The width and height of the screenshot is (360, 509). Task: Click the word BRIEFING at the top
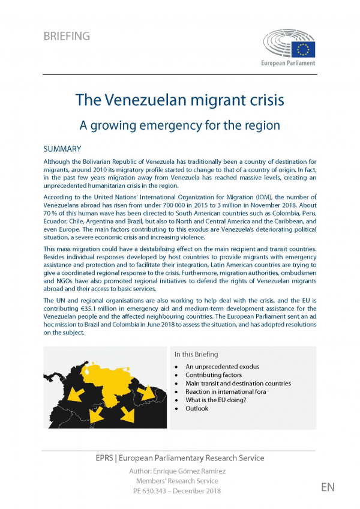pos(67,36)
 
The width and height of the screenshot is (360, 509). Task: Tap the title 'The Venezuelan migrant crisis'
pos(180,99)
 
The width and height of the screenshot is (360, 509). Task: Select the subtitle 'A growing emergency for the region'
pos(180,125)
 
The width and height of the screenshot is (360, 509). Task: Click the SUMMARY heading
pos(62,148)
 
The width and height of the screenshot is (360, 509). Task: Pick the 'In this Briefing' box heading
pos(196,354)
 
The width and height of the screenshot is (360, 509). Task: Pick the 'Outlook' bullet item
pos(197,408)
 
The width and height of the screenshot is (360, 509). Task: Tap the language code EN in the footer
pos(328,487)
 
